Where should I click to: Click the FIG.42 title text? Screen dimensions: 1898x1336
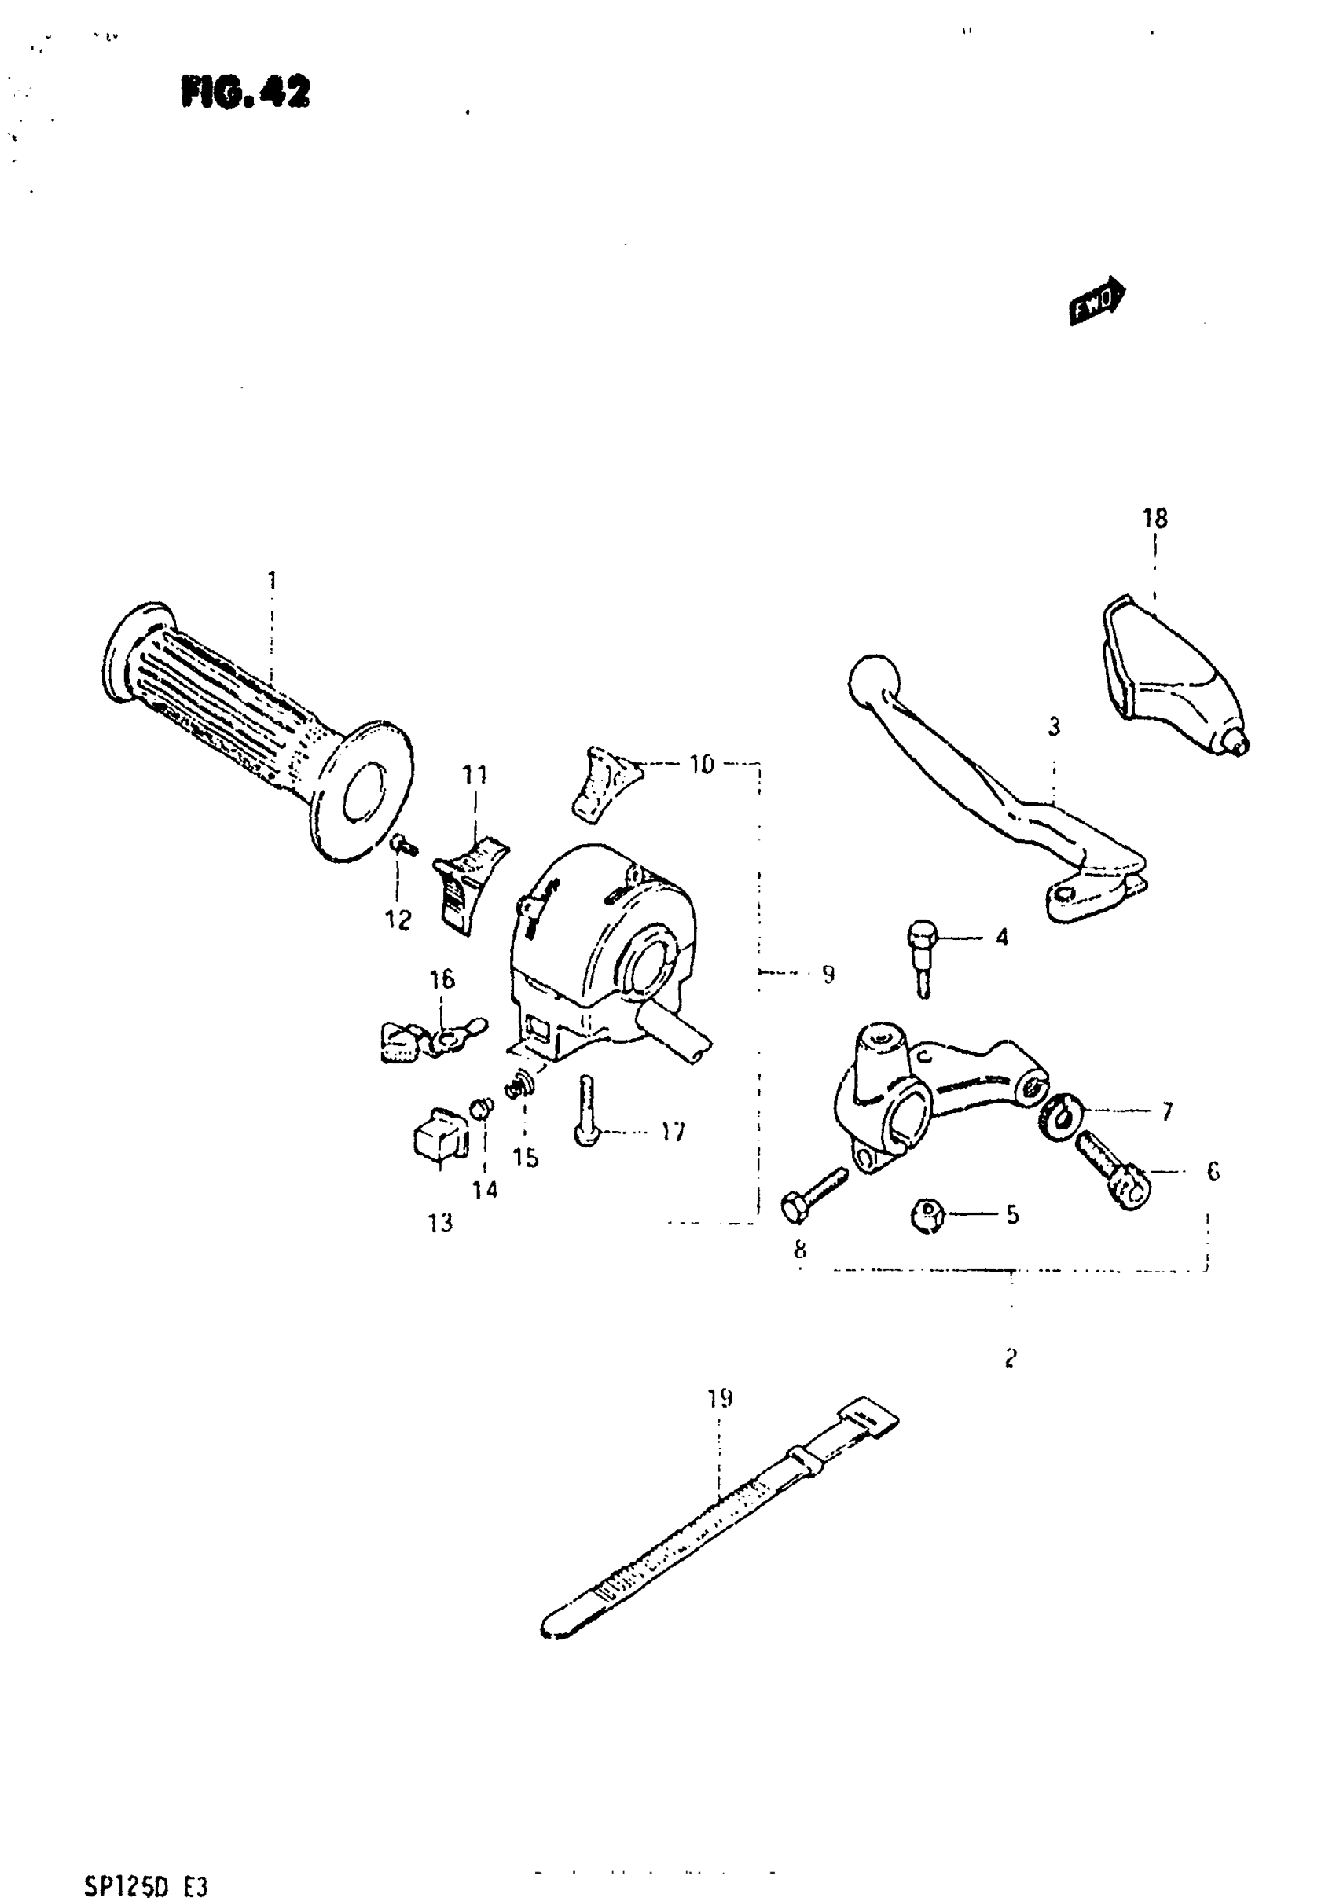tap(245, 92)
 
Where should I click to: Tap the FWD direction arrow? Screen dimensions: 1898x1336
tap(1096, 302)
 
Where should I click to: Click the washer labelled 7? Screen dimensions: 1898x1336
tap(1060, 1116)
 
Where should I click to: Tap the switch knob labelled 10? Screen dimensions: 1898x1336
tap(606, 783)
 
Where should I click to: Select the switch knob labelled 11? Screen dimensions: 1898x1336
tap(468, 882)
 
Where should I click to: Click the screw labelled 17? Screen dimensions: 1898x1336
tap(586, 1111)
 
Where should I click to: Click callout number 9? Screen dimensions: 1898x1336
tap(828, 975)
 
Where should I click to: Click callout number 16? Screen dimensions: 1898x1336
tap(442, 979)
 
